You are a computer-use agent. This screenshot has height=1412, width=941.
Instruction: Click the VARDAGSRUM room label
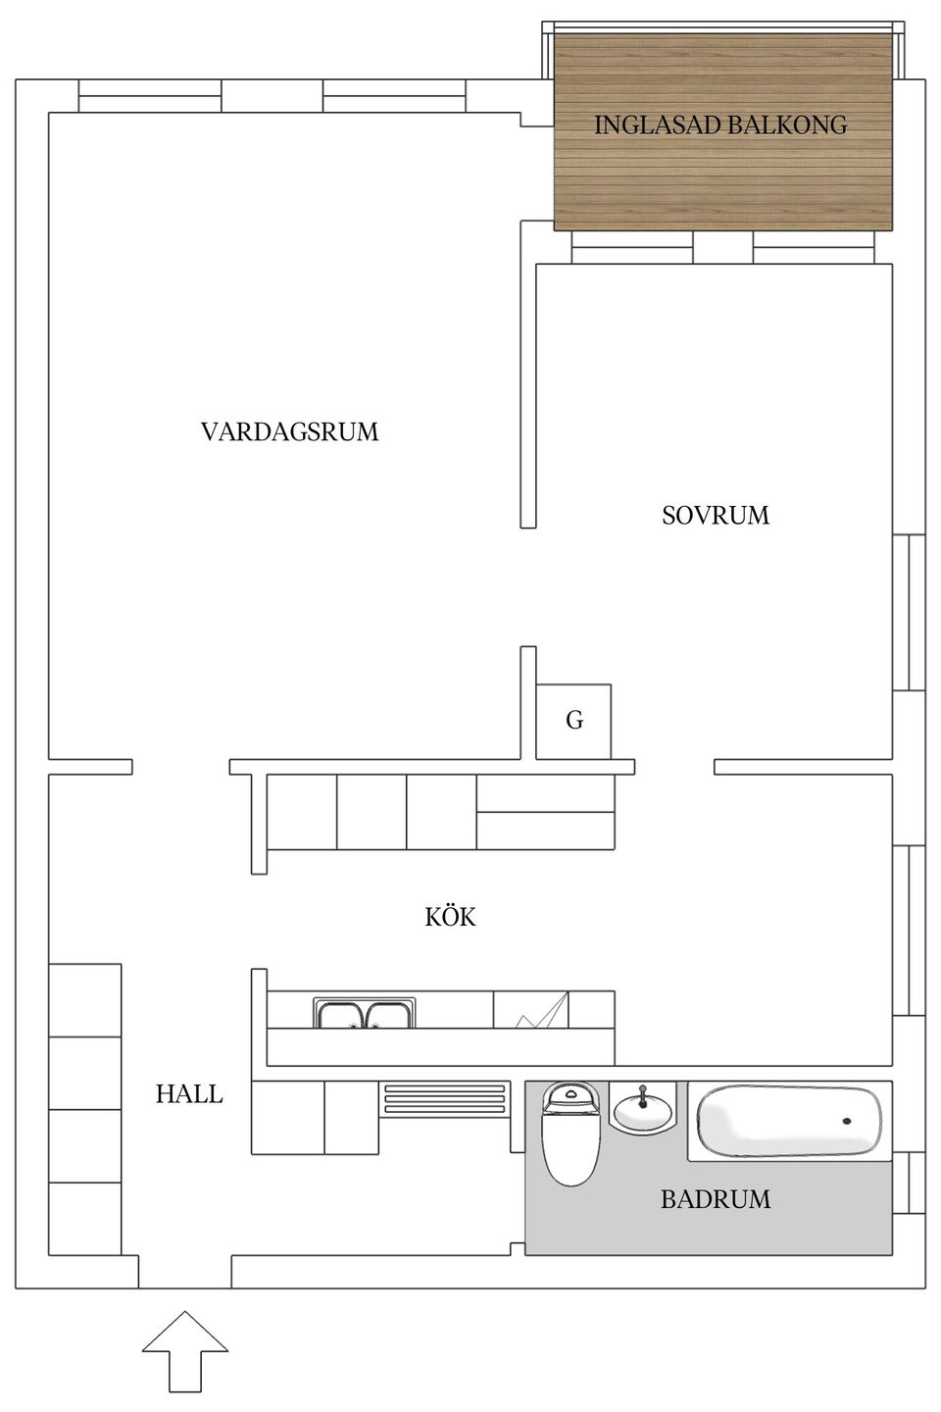pos(289,431)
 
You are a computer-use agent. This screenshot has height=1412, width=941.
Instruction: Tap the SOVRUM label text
pos(716,515)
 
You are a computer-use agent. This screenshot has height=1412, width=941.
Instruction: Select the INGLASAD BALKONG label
pos(720,125)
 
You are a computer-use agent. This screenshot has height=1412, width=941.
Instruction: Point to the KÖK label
pos(450,918)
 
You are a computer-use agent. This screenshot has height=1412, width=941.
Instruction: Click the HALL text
pos(189,1093)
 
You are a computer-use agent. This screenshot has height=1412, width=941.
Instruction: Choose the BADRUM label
pos(716,1199)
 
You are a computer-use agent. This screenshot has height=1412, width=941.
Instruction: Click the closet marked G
pos(574,721)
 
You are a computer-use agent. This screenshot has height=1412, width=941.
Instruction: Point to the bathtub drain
pos(847,1120)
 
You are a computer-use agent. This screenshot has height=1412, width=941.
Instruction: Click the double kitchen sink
pos(365,1013)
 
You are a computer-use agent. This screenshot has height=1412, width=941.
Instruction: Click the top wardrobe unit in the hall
pos(84,1000)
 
